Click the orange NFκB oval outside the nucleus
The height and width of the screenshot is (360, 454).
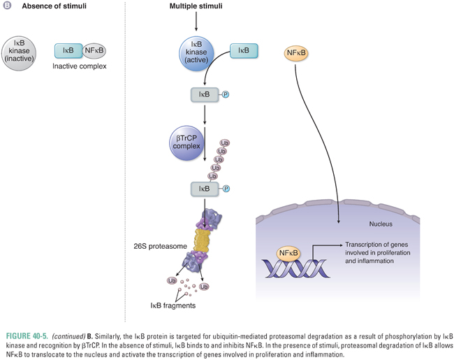click(x=298, y=54)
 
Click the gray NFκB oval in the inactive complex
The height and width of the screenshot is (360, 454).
click(x=94, y=51)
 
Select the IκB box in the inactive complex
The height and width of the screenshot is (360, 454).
click(x=68, y=51)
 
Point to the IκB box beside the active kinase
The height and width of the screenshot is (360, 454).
click(x=244, y=51)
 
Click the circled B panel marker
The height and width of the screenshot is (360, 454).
click(x=7, y=6)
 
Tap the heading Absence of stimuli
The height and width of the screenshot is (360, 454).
click(x=48, y=6)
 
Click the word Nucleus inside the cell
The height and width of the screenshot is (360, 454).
click(x=381, y=224)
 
